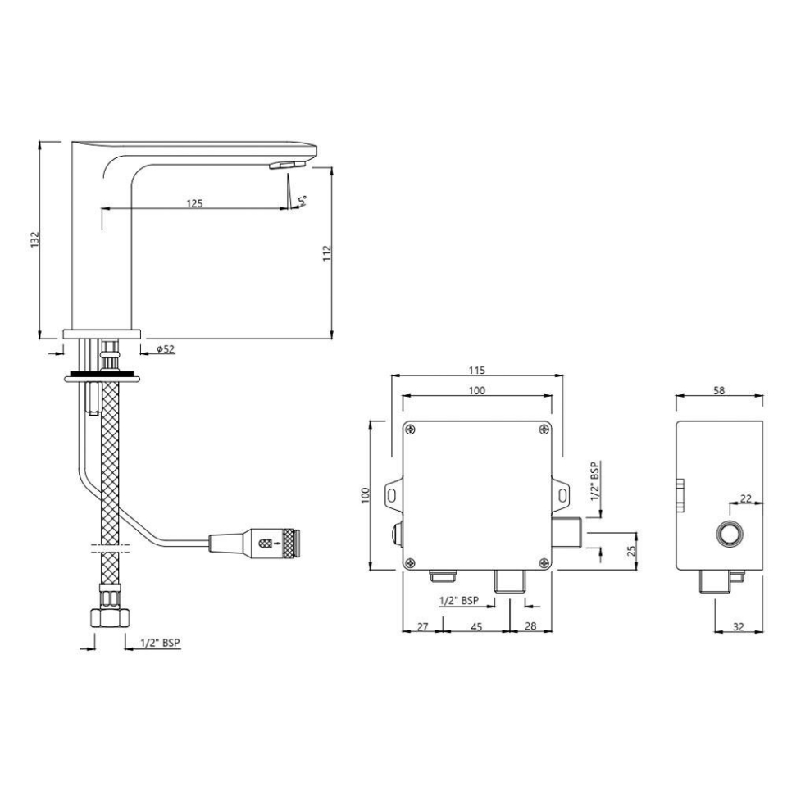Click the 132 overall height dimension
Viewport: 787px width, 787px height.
click(x=34, y=239)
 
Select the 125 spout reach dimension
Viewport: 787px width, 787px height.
click(x=194, y=202)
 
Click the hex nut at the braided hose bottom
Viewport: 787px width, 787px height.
click(x=108, y=616)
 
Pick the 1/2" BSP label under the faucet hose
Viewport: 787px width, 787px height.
click(x=160, y=644)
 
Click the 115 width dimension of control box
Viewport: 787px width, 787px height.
click(x=477, y=368)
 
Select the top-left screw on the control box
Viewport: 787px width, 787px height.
click(x=410, y=429)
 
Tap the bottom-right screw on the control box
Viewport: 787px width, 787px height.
click(x=544, y=562)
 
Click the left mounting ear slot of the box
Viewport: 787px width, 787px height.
click(x=393, y=494)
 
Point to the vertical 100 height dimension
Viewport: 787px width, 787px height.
click(x=366, y=495)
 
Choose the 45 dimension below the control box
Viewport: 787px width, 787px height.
click(x=475, y=627)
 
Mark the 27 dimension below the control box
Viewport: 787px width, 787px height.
click(x=423, y=627)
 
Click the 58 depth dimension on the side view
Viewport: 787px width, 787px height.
click(x=719, y=391)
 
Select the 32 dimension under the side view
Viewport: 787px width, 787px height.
click(x=739, y=627)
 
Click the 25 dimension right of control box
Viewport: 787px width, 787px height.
click(x=631, y=548)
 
